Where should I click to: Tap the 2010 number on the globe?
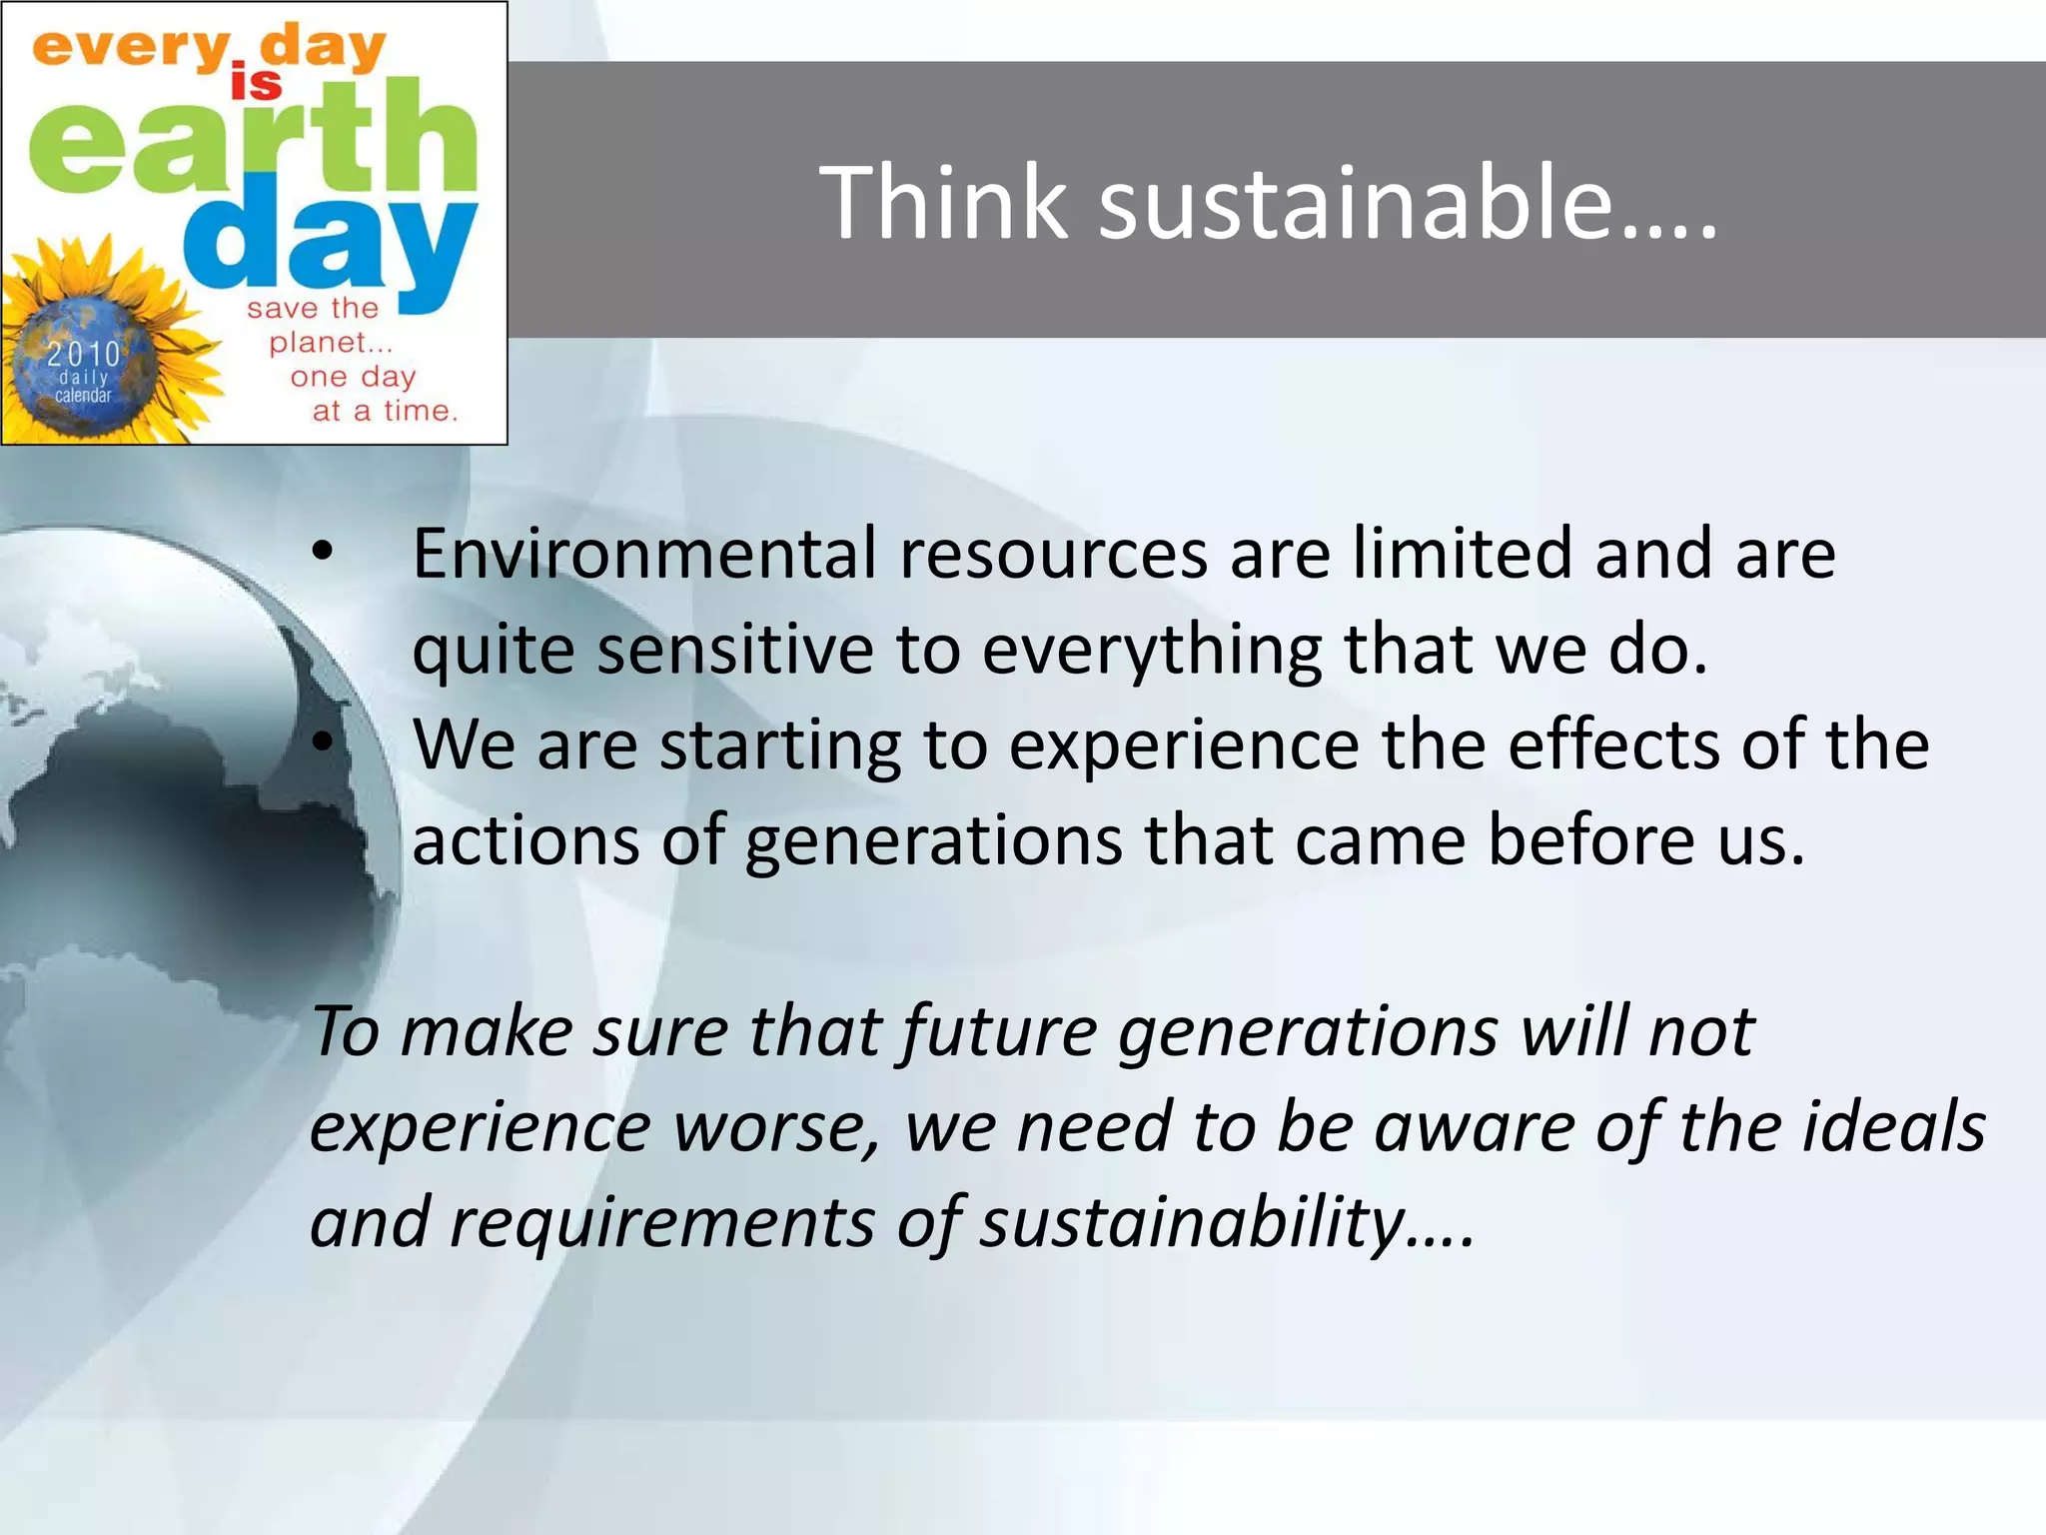[x=84, y=354]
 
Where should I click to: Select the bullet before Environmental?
[x=321, y=552]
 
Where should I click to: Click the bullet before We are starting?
[x=321, y=742]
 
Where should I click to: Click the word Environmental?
[x=644, y=554]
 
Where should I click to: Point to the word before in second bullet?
[x=1589, y=839]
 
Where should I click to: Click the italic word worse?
[x=774, y=1127]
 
